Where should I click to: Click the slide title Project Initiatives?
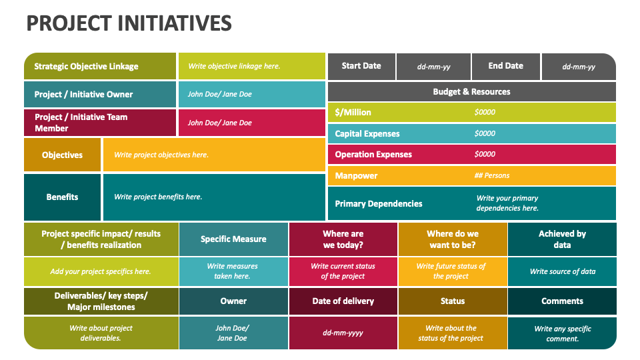129,23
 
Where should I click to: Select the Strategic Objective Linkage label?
87,66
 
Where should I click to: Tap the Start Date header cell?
361,66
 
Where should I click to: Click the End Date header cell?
505,66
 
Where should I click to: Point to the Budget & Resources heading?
471,91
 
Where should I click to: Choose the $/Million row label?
353,112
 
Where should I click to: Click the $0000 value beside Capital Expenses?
485,133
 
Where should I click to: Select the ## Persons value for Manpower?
491,175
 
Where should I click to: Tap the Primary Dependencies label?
379,203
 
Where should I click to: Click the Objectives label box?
62,155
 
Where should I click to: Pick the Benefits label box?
62,197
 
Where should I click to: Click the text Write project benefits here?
158,197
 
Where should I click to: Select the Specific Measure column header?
233,239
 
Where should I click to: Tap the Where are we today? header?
343,239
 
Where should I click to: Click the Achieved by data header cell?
562,239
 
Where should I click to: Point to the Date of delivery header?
343,301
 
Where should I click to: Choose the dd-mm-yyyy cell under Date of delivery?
343,333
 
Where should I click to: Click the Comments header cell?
562,301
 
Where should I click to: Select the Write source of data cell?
562,271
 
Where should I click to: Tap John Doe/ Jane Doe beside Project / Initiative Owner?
219,94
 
